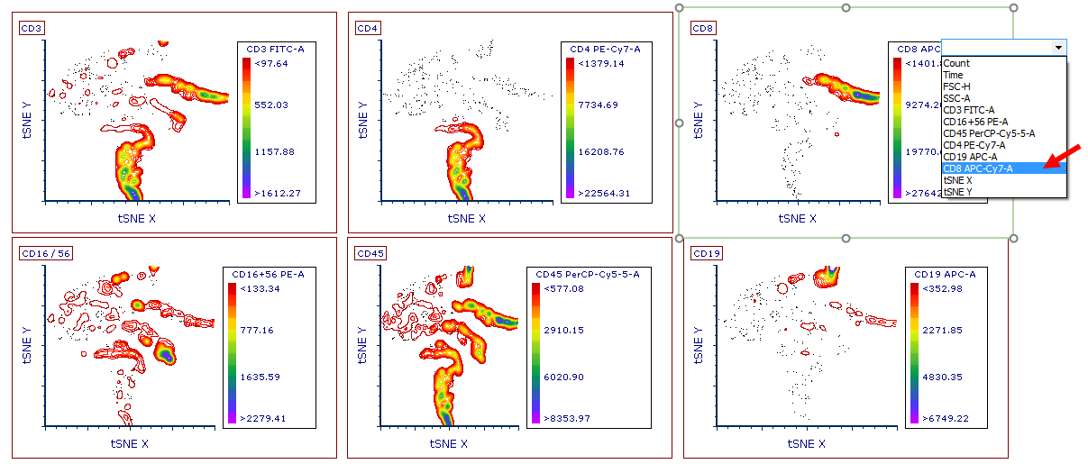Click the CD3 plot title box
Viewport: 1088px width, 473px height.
pyautogui.click(x=32, y=29)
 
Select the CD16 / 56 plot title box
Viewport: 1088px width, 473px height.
pyautogui.click(x=45, y=253)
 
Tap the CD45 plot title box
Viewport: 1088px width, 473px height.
pyautogui.click(x=370, y=253)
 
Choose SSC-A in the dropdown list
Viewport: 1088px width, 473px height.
pyautogui.click(x=956, y=98)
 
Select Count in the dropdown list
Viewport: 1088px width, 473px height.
pyautogui.click(x=956, y=63)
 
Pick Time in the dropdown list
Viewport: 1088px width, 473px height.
pyautogui.click(x=955, y=75)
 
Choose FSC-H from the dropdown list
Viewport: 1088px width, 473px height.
pyautogui.click(x=956, y=86)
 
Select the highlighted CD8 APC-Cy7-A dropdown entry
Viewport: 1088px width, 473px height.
pyautogui.click(x=978, y=168)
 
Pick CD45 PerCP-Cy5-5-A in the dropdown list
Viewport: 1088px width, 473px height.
pyautogui.click(x=989, y=133)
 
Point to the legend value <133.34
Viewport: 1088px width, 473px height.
pyautogui.click(x=259, y=288)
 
